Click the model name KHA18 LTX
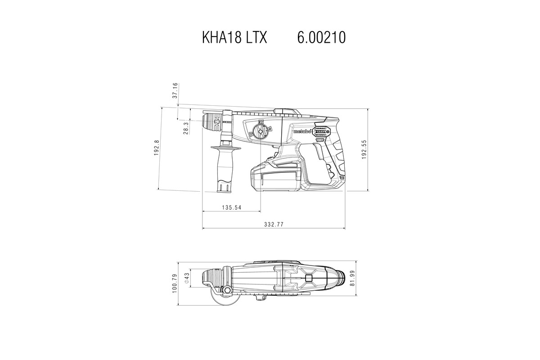(235, 38)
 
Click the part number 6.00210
(321, 38)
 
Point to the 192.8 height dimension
(157, 148)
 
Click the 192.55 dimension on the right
(364, 149)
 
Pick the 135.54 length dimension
(232, 207)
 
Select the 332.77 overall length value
(274, 224)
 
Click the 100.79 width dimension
(175, 283)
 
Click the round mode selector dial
(260, 132)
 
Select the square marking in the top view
(309, 279)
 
